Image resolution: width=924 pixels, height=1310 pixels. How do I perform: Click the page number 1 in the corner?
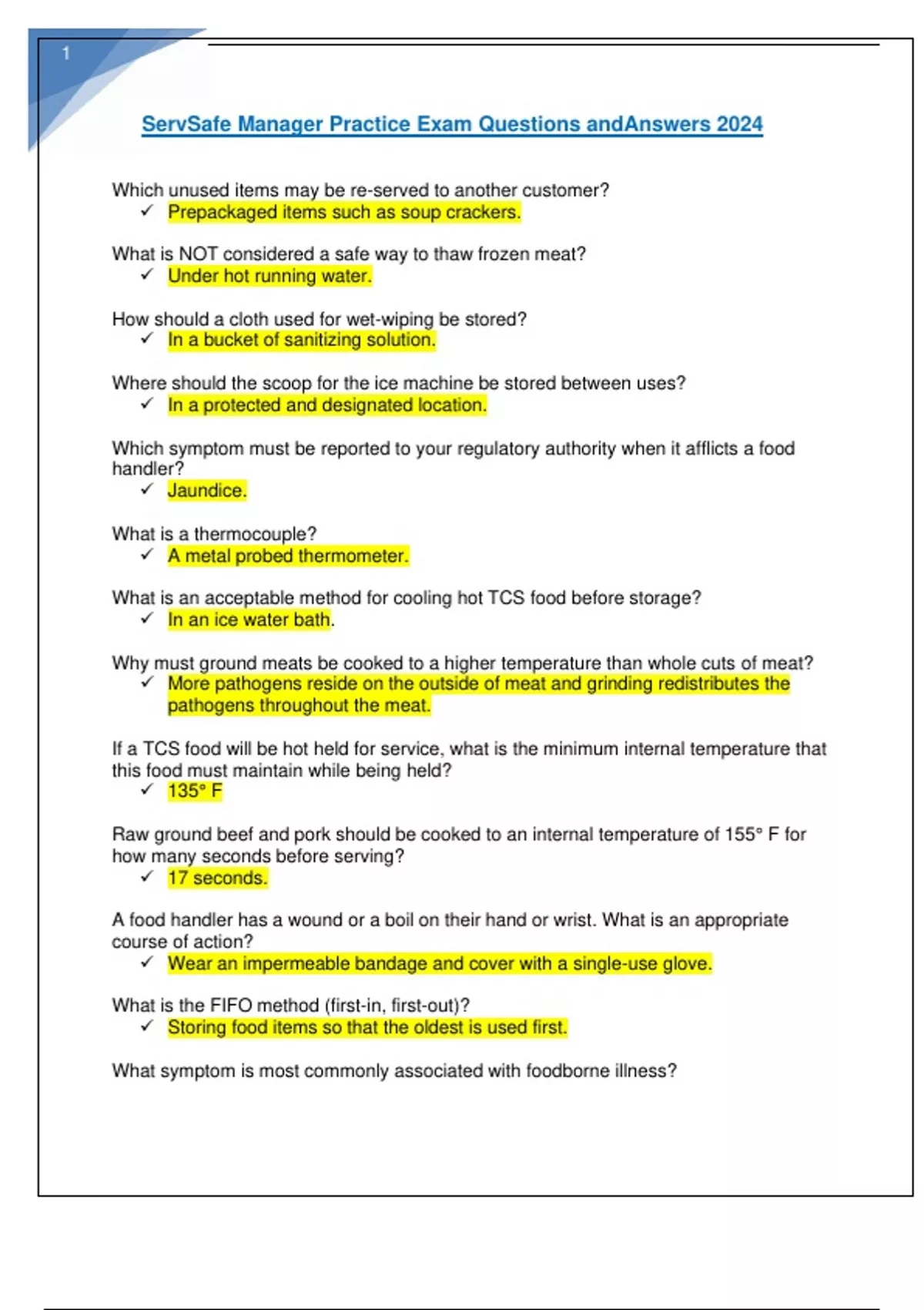tap(66, 53)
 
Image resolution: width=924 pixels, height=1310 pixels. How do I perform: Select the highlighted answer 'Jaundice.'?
tap(207, 491)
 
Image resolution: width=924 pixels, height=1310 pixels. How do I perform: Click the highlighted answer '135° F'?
tap(195, 791)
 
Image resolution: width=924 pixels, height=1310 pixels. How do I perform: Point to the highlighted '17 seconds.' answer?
tap(218, 878)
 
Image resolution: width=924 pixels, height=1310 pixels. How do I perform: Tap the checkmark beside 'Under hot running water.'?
tap(147, 275)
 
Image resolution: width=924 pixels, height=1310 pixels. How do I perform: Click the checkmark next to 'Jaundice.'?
tap(147, 489)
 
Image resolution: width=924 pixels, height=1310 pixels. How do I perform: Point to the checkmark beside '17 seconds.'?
tap(147, 877)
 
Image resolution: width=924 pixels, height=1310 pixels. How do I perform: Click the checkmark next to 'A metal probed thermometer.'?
tap(147, 555)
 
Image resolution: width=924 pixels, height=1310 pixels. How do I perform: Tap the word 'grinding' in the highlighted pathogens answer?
tap(619, 684)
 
